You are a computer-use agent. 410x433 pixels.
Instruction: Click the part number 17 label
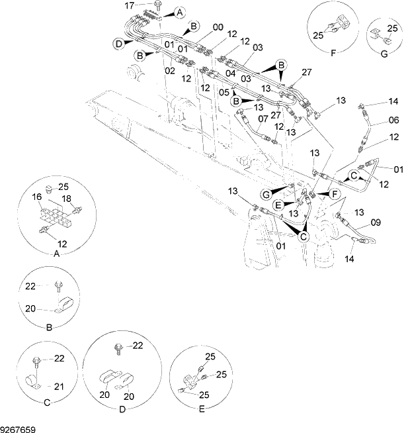click(130, 5)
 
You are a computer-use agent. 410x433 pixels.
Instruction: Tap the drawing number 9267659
click(18, 428)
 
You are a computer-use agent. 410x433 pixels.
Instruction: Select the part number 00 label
click(218, 27)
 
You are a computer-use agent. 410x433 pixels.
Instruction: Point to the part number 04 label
click(231, 73)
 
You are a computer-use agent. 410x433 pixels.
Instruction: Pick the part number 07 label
click(263, 118)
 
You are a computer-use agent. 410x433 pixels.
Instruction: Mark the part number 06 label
click(393, 120)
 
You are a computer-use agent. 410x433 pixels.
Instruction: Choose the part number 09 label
click(376, 222)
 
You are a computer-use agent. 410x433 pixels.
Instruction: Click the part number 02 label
click(170, 70)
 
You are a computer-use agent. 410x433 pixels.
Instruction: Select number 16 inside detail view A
click(37, 197)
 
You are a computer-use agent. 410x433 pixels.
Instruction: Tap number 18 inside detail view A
click(66, 198)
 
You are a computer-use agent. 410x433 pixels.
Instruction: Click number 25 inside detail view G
click(392, 28)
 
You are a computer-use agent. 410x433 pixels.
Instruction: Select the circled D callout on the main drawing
click(118, 44)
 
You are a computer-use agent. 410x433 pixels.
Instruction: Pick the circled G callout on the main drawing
click(265, 194)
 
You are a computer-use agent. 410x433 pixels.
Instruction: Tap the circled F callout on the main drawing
click(334, 193)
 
